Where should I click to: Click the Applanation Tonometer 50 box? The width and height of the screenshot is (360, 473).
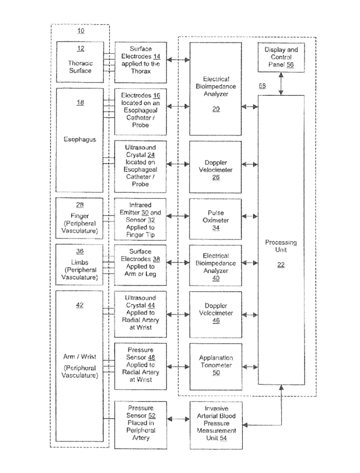pyautogui.click(x=216, y=366)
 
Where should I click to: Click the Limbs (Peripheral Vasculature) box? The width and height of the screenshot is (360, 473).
pyautogui.click(x=80, y=264)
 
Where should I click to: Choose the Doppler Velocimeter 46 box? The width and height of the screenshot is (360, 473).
pyautogui.click(x=216, y=314)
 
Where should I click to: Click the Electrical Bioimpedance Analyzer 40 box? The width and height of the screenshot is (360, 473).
pyautogui.click(x=216, y=263)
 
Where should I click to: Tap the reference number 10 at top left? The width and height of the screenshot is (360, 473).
pyautogui.click(x=80, y=32)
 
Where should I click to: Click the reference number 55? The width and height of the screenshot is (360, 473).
pyautogui.click(x=262, y=86)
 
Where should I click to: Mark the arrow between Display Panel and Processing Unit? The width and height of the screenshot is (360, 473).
pyautogui.click(x=281, y=86)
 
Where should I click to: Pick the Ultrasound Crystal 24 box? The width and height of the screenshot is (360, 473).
pyautogui.click(x=140, y=164)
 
